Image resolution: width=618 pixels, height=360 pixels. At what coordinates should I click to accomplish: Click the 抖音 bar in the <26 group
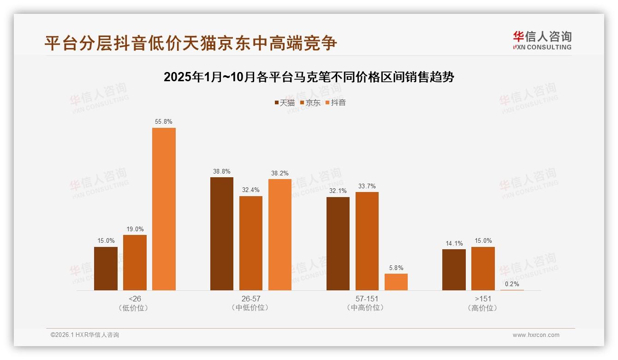[164, 209]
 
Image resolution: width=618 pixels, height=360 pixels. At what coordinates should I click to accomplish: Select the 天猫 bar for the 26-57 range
[222, 234]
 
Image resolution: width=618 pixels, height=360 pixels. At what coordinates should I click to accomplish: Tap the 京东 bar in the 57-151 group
[367, 241]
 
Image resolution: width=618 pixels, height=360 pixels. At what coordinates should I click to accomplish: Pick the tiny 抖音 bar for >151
[512, 290]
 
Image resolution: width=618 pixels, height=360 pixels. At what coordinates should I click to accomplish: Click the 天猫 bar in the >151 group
[454, 270]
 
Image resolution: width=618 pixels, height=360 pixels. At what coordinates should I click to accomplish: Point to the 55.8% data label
[164, 122]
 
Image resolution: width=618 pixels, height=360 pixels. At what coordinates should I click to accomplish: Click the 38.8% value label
[222, 171]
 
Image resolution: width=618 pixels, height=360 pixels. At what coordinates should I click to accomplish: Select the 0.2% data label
[512, 284]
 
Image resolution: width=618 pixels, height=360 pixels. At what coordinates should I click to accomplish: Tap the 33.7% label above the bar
[367, 186]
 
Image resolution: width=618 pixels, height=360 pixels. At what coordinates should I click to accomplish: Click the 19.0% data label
[135, 229]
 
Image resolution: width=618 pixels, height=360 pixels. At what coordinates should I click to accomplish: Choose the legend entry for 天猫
[285, 102]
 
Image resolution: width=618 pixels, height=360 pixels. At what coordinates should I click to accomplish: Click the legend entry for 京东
[310, 102]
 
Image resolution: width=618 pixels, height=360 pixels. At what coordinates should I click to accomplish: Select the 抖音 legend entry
[335, 102]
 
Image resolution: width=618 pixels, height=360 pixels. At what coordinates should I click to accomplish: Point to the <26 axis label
[135, 299]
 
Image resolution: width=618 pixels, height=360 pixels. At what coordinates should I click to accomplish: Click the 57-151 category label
[367, 299]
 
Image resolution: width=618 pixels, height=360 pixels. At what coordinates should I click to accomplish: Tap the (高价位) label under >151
[483, 308]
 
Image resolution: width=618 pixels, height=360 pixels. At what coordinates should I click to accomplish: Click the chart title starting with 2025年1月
[309, 77]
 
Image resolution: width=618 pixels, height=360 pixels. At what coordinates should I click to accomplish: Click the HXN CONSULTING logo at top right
[542, 41]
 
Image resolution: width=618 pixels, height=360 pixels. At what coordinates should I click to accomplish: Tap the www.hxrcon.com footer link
[536, 335]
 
